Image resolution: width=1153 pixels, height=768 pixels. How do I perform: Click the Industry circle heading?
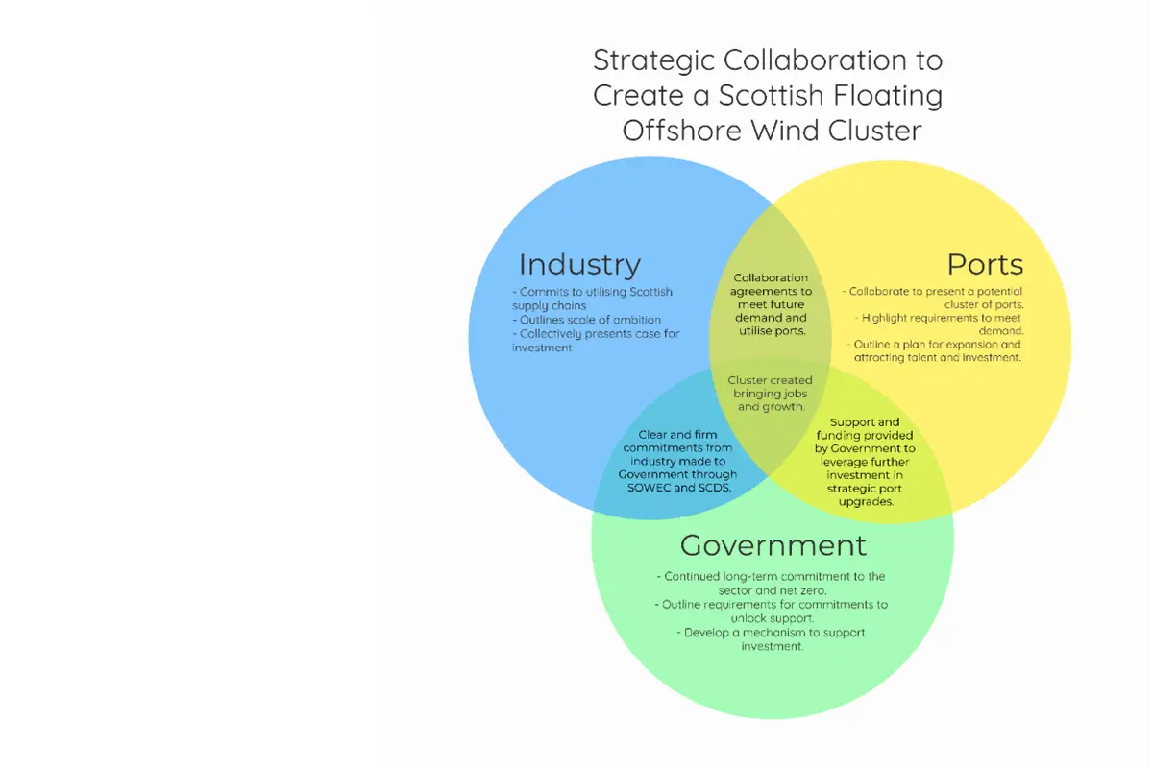pos(579,265)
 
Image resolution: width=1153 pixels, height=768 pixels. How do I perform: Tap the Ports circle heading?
pos(985,264)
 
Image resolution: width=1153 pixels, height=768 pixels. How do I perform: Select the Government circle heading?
pos(773,545)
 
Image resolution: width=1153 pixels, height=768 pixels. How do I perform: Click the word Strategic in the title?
pos(654,61)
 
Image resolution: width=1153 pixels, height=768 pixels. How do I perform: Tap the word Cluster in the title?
pos(874,131)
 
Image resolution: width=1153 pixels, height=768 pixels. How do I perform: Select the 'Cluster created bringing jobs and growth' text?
pos(770,394)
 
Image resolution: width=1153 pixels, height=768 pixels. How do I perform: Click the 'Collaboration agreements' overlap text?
pos(771,304)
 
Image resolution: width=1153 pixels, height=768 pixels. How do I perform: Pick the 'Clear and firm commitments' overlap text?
pos(677,461)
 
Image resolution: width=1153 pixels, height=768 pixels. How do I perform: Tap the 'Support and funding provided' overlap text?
pos(865,462)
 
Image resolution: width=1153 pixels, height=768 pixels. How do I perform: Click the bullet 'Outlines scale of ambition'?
pos(587,320)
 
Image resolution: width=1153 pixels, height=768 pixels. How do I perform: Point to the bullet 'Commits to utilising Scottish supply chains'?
pos(592,299)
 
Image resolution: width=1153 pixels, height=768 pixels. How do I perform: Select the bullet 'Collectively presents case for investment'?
pos(596,341)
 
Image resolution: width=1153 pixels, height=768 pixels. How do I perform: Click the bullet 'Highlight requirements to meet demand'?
pos(940,324)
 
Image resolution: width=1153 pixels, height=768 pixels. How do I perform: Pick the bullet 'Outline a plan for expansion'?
pos(934,350)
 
